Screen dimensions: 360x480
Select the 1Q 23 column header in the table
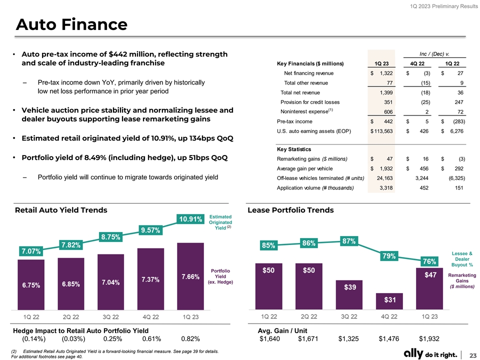click(x=381, y=63)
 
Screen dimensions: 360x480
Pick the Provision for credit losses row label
click(x=310, y=102)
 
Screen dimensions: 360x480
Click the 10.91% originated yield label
click(x=191, y=219)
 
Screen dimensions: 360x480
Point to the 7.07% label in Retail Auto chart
click(x=31, y=250)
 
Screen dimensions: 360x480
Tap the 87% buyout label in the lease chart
click(x=348, y=240)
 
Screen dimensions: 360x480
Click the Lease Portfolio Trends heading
click(x=290, y=210)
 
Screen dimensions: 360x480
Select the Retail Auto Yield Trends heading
click(x=61, y=210)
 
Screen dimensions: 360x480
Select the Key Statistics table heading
click(x=294, y=149)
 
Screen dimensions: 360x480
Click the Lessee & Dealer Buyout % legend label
click(x=461, y=259)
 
